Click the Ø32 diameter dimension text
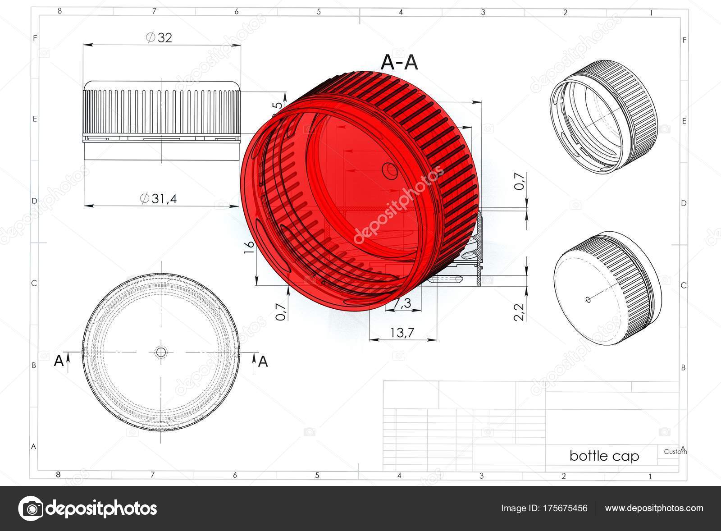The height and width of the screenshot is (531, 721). point(159,37)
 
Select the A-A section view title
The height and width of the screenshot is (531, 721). point(399,63)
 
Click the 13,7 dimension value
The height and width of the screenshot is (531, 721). point(402,333)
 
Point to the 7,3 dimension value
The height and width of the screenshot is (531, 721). point(402,304)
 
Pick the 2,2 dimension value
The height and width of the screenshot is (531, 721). point(519,311)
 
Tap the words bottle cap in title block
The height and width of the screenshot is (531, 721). point(604,456)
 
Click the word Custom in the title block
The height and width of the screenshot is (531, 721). point(675,452)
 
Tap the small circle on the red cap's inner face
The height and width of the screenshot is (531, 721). point(389,170)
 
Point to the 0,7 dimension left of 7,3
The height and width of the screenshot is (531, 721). point(281,311)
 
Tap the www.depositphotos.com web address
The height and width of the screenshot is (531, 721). point(654,508)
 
